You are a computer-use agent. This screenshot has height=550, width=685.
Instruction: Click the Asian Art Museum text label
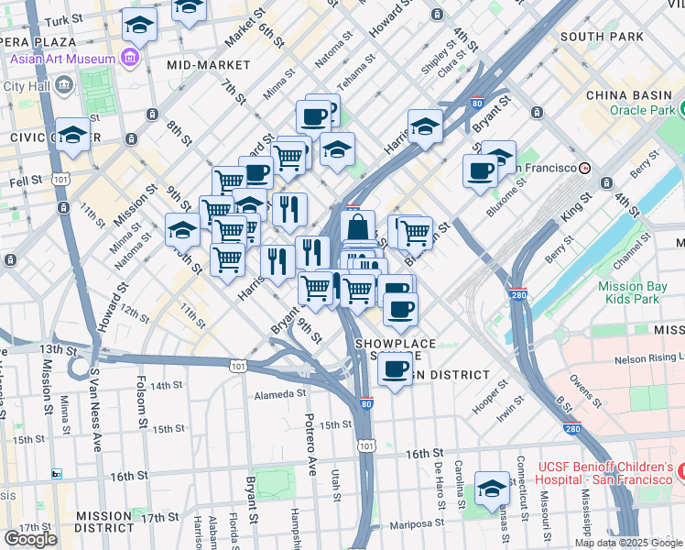click(x=63, y=60)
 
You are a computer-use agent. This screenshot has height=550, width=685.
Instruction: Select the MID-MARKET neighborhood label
click(x=209, y=65)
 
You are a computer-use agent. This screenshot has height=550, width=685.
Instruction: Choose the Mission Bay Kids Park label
click(x=628, y=292)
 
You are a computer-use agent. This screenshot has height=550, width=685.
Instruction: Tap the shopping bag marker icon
click(x=358, y=226)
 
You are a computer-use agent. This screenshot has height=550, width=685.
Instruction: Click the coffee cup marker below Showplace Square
click(x=395, y=370)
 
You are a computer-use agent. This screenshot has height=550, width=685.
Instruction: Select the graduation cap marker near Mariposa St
click(x=492, y=489)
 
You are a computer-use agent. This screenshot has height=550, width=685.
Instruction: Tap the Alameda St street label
click(x=279, y=394)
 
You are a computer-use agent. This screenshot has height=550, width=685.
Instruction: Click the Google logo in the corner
click(x=30, y=538)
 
